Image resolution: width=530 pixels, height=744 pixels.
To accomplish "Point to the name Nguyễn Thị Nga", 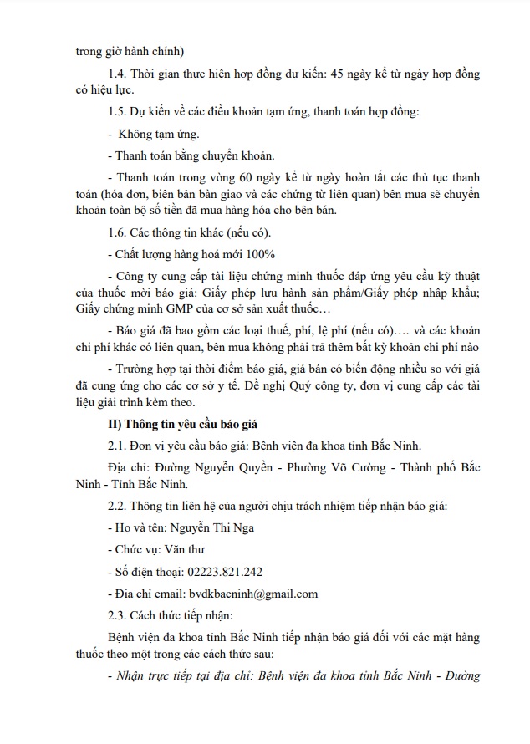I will (x=213, y=528).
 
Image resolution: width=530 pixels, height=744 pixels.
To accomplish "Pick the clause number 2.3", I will (x=120, y=616).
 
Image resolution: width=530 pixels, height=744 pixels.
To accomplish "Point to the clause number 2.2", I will (x=120, y=507).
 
